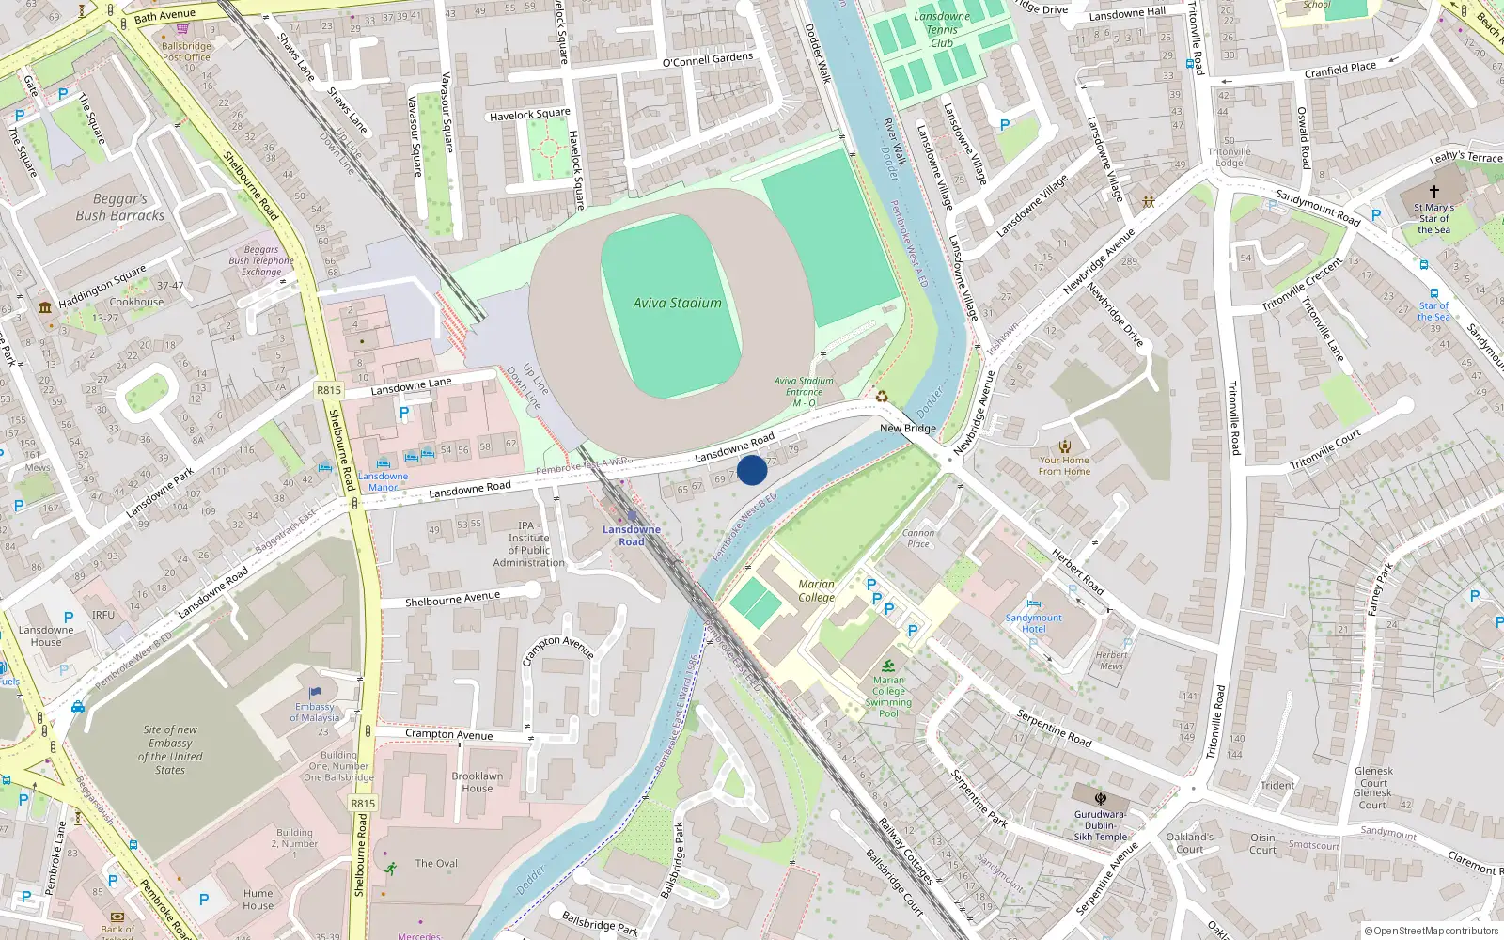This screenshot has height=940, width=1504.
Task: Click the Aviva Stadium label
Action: (677, 303)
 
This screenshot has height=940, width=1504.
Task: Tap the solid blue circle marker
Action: (752, 469)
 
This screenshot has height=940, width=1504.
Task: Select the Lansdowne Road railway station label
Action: (631, 535)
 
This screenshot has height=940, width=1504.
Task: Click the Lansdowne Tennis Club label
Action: (942, 29)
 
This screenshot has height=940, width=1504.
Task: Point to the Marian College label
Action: (816, 590)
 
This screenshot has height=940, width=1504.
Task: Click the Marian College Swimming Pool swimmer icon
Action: (888, 666)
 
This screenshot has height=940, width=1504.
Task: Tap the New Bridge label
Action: (907, 428)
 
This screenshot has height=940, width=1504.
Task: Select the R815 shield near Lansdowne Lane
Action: (329, 390)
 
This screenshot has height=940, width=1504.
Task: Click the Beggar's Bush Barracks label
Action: (119, 207)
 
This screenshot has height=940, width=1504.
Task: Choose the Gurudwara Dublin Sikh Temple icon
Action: (1101, 799)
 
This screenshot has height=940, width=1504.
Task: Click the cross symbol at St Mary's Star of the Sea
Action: (1433, 191)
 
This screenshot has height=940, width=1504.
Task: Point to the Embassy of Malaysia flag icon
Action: (315, 694)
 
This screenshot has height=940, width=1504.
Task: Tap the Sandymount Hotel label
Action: (1033, 623)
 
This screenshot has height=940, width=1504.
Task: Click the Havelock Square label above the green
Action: (529, 115)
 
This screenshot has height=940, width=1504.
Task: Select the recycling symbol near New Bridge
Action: (882, 396)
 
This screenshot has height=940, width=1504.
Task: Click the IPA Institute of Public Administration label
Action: (528, 544)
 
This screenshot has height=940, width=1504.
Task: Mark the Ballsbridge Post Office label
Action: (186, 51)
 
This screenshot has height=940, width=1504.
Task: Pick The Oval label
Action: (436, 863)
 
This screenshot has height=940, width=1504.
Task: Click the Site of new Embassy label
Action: (170, 749)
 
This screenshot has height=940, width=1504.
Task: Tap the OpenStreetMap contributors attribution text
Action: (1431, 931)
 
